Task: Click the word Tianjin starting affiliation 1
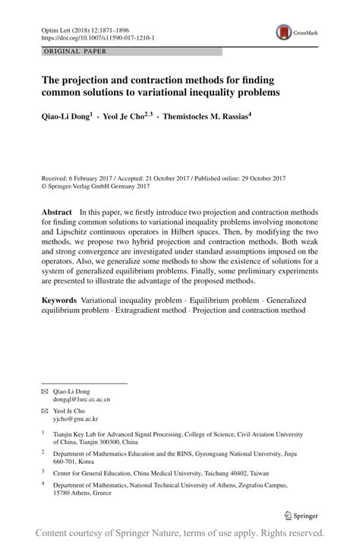(x=63, y=435)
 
